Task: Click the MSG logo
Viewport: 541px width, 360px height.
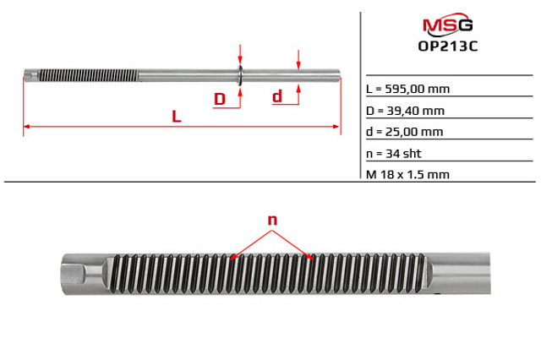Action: [447, 25]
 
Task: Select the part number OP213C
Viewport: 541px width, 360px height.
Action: [448, 46]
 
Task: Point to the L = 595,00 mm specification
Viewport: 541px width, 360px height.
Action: [407, 89]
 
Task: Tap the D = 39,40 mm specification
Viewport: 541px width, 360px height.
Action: [405, 111]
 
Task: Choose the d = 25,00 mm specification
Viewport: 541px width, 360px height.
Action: [404, 132]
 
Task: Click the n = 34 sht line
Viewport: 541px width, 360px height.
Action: [394, 154]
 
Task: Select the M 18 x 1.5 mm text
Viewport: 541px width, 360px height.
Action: [407, 174]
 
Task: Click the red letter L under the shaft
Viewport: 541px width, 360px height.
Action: [177, 117]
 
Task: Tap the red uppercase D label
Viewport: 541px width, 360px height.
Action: [220, 99]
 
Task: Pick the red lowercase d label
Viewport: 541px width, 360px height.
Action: [277, 96]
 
